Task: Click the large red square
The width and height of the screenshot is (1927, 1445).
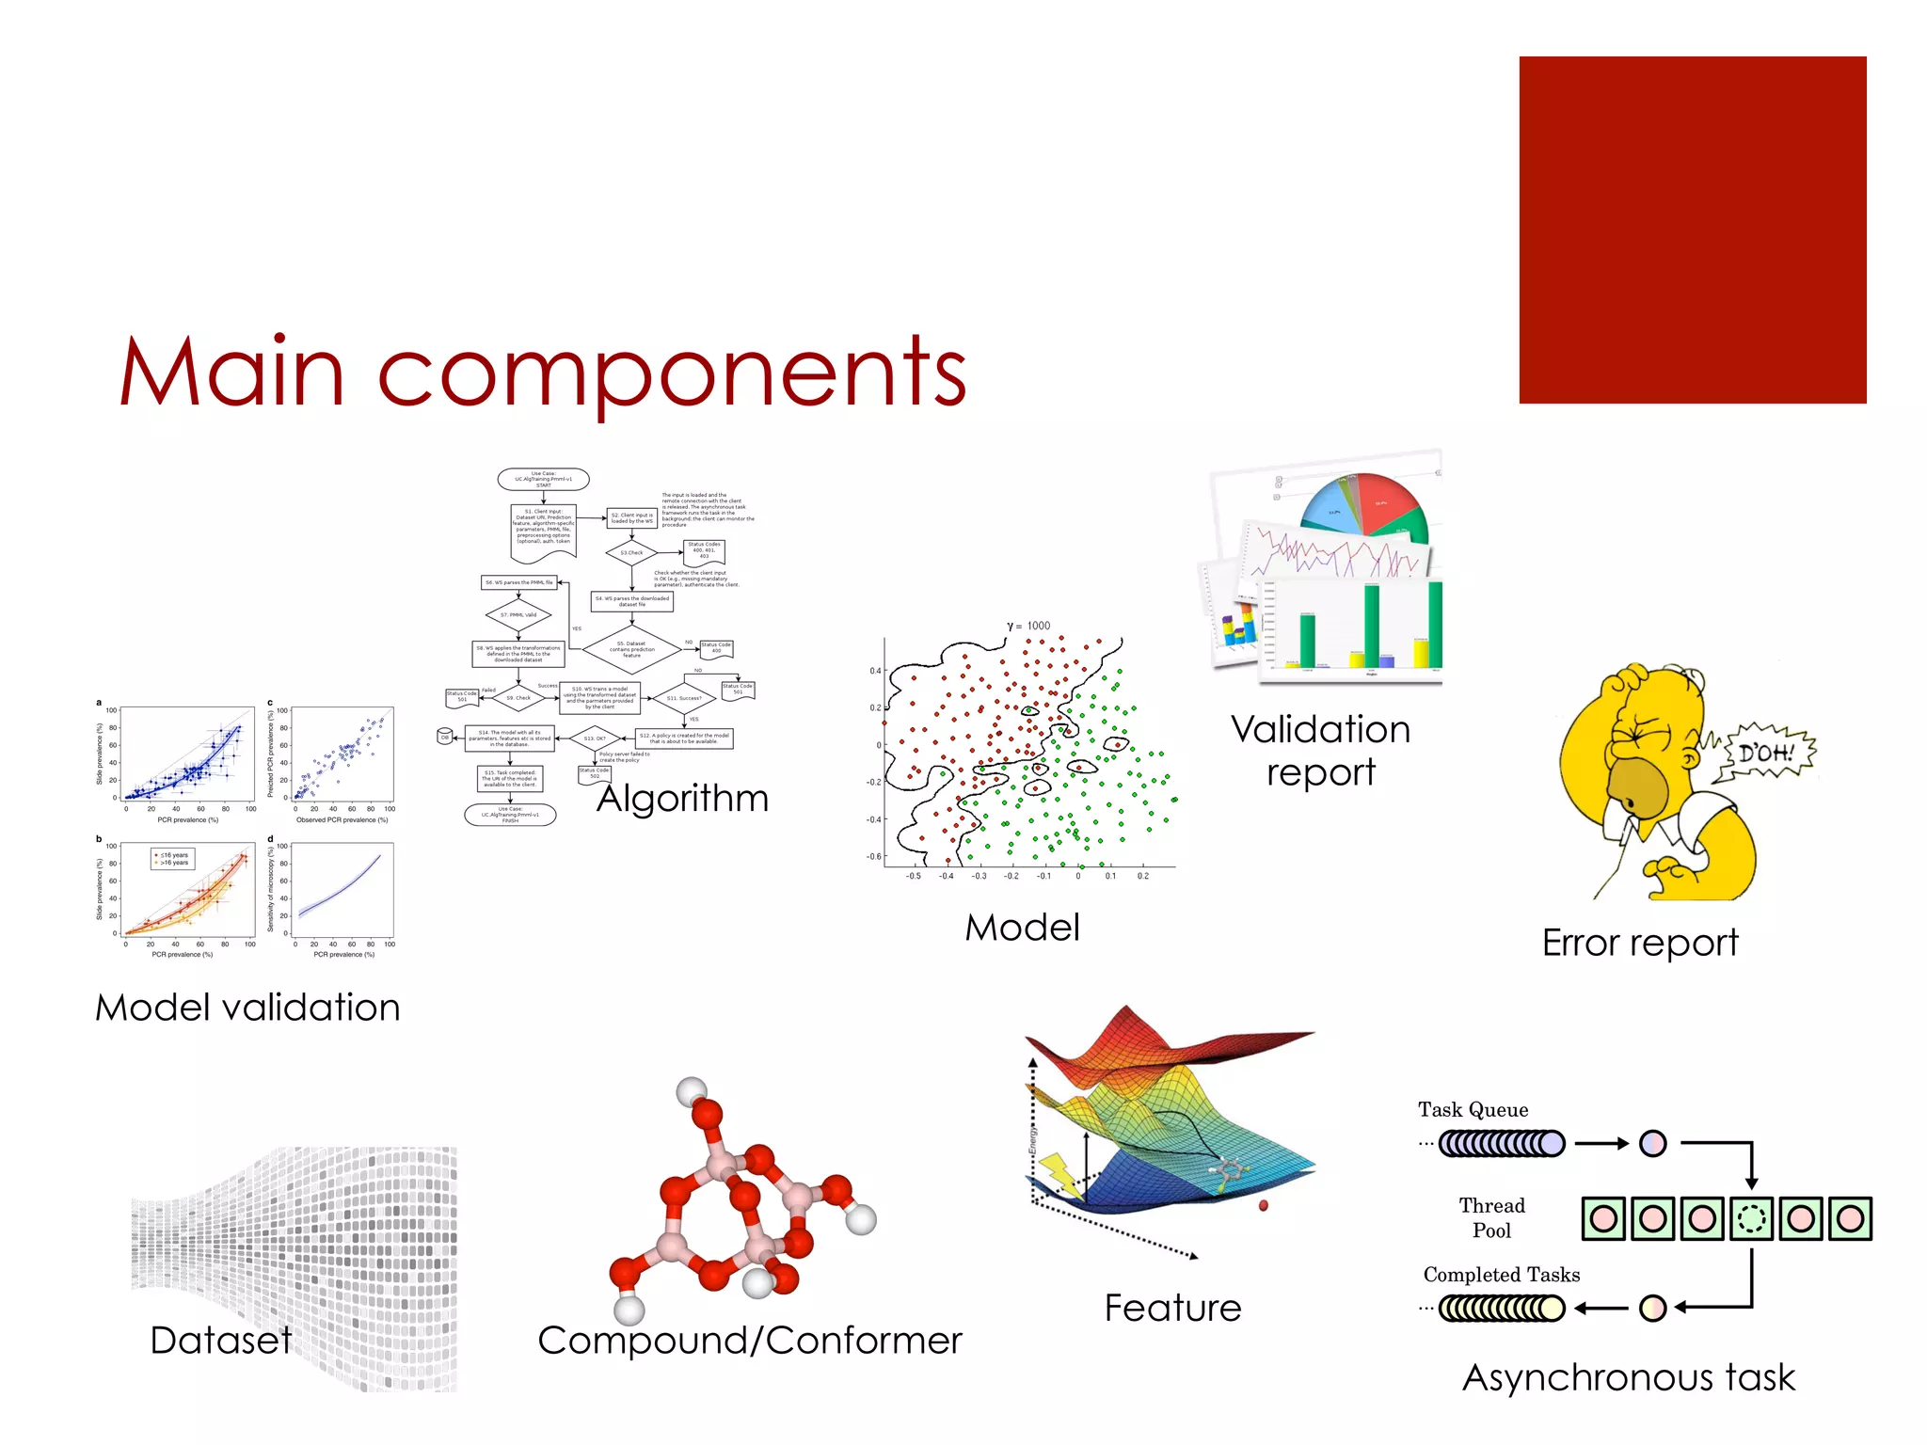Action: click(x=1692, y=230)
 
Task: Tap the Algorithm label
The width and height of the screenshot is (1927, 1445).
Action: click(x=683, y=799)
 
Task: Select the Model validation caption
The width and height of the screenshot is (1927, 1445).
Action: click(x=247, y=1008)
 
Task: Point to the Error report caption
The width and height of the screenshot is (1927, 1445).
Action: click(x=1640, y=943)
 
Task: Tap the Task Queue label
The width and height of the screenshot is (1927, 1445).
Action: click(x=1473, y=1110)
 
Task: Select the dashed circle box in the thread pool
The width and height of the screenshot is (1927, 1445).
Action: click(x=1751, y=1219)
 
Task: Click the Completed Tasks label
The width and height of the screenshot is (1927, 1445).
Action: click(x=1501, y=1275)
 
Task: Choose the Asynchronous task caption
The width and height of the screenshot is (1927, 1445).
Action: click(x=1629, y=1377)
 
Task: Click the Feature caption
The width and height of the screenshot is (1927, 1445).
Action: click(x=1172, y=1308)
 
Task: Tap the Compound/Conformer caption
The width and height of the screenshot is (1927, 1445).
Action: click(x=750, y=1341)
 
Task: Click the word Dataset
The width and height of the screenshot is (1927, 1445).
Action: click(x=221, y=1341)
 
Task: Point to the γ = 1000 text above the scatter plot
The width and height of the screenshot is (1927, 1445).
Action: click(x=1028, y=626)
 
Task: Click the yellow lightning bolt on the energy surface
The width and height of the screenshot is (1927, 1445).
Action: click(x=1060, y=1175)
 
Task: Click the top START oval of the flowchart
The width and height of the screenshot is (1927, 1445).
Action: click(x=543, y=480)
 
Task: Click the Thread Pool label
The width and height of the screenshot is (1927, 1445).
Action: click(x=1491, y=1218)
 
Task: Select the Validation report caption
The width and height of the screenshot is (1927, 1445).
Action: click(x=1320, y=751)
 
